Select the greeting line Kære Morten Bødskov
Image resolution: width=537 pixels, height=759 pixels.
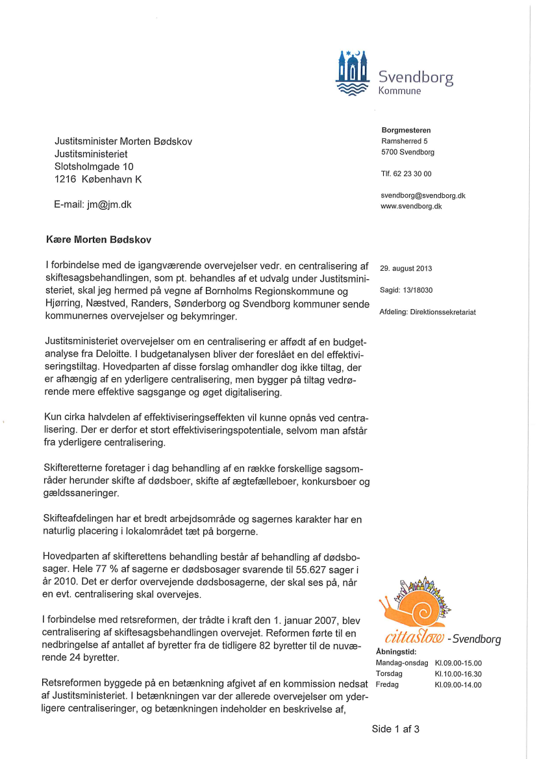point(98,240)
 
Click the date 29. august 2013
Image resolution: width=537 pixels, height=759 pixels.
point(406,268)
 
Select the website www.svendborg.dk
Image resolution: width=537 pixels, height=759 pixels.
point(412,206)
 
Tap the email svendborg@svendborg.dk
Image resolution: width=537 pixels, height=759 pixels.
point(423,195)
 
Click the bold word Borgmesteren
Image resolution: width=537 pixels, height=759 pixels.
point(406,131)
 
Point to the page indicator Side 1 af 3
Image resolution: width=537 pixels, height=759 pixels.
point(395,728)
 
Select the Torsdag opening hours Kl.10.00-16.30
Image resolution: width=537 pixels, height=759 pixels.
point(458,674)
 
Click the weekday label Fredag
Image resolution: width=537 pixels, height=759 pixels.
point(388,684)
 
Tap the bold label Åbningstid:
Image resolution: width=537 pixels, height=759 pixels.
point(395,652)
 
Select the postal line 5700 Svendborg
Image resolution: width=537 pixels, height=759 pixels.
point(408,152)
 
